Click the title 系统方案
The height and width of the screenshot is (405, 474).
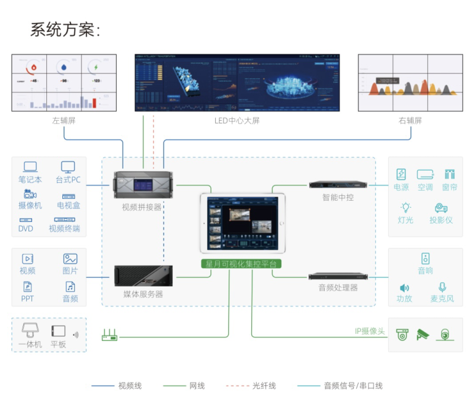pyautogui.click(x=65, y=30)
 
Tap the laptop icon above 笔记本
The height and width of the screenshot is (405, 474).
pyautogui.click(x=30, y=167)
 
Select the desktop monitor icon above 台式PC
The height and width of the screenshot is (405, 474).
pyautogui.click(x=68, y=167)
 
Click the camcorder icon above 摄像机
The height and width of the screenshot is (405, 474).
pyautogui.click(x=30, y=194)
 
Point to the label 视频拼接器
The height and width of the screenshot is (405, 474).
pyautogui.click(x=142, y=207)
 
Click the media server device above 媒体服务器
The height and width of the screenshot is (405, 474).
pyautogui.click(x=143, y=277)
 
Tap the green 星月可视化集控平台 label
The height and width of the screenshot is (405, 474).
pyautogui.click(x=243, y=263)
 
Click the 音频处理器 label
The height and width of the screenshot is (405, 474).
pyautogui.click(x=338, y=288)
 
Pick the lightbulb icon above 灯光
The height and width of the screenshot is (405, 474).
pyautogui.click(x=406, y=208)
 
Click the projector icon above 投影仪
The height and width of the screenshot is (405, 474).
pyautogui.click(x=441, y=208)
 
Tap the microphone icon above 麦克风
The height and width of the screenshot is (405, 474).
pyautogui.click(x=442, y=287)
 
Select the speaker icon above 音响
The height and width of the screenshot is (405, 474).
pyautogui.click(x=425, y=258)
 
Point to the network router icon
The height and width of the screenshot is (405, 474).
pyautogui.click(x=110, y=336)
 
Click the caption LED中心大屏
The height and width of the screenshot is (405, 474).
pyautogui.click(x=237, y=121)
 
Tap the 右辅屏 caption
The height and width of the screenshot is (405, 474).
pyautogui.click(x=410, y=121)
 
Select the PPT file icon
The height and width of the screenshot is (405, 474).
pyautogui.click(x=27, y=287)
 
